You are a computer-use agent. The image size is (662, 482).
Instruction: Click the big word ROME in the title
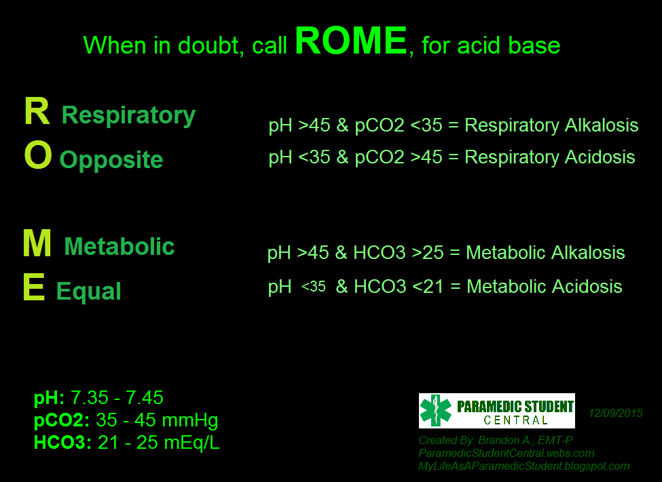(350, 42)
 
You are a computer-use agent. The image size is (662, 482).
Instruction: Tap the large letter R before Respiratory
(37, 112)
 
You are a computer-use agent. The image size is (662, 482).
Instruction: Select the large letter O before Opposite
(37, 156)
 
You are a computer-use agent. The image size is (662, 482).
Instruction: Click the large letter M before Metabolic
(37, 243)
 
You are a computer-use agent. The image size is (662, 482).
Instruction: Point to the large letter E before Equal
(34, 288)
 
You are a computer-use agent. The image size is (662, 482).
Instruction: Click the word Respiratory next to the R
(128, 116)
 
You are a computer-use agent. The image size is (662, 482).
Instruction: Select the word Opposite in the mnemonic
(111, 161)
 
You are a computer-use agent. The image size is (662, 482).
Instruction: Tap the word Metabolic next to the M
(119, 247)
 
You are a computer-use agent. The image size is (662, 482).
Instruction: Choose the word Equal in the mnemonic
(89, 292)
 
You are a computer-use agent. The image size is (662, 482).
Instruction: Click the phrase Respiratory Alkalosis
(551, 126)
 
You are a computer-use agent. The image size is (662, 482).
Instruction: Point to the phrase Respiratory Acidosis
(550, 157)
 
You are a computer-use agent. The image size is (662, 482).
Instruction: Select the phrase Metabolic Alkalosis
(546, 254)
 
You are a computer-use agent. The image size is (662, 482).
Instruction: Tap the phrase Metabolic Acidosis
(545, 286)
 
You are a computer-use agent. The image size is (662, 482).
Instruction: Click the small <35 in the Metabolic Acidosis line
(313, 287)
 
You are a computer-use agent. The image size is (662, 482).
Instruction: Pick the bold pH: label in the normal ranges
(50, 398)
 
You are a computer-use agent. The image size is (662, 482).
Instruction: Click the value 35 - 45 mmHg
(157, 420)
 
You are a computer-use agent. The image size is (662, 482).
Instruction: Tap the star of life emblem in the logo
(436, 411)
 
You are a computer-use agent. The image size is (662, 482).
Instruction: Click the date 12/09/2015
(615, 413)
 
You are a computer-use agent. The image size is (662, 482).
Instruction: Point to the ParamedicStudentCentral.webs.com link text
(507, 453)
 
